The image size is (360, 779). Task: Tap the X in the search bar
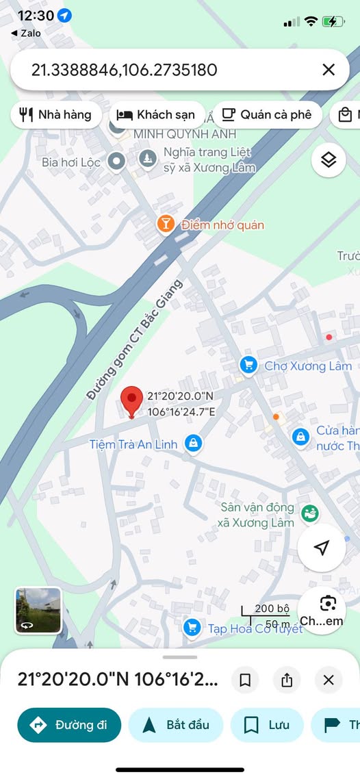coord(329,69)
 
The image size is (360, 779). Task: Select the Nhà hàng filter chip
coord(56,114)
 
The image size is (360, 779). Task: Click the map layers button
coord(329,161)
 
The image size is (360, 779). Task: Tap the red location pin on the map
coord(132,400)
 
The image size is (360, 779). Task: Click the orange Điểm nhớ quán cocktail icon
coord(166,224)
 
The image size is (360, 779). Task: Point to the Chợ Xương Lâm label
coord(308,366)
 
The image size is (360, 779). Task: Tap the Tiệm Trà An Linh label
coord(133,444)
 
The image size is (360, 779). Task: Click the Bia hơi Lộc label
coord(71,162)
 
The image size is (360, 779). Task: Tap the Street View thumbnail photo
coord(39,610)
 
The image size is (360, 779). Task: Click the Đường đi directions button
coord(69,725)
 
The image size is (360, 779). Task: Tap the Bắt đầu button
coord(175,725)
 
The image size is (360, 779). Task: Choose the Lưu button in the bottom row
coord(267,725)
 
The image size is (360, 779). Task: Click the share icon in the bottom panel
coord(287,680)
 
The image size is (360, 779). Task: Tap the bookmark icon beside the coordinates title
coord(245,680)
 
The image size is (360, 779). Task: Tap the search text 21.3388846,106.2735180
coord(125,69)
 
